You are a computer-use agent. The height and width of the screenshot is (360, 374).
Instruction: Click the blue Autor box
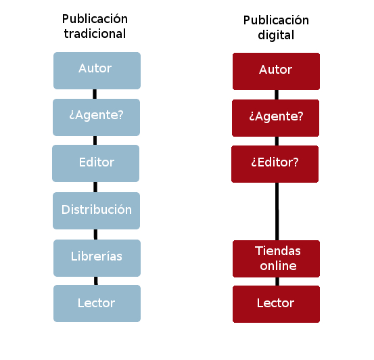point(97,70)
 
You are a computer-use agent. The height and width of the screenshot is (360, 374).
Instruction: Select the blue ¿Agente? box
point(96,117)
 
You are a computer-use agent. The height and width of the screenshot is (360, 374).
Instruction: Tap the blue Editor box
point(95,163)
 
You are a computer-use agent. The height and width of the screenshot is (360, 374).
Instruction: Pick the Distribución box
point(96,210)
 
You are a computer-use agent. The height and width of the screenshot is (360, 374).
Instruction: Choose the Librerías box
point(97,258)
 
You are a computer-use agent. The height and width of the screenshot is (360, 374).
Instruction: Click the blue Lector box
point(97,303)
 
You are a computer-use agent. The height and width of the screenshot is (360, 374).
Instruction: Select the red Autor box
point(276,71)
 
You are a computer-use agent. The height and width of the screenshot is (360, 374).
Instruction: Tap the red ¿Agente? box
point(275,118)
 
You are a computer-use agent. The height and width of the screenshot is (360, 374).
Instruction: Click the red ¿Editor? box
point(275,164)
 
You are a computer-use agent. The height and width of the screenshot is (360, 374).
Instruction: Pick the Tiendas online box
point(276,258)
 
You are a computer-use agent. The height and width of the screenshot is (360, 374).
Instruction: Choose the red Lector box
point(276,304)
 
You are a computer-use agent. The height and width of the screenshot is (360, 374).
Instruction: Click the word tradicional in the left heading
point(95,33)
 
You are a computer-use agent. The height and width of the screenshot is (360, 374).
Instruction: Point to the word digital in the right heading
point(276,35)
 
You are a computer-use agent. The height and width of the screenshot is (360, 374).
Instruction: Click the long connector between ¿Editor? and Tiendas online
point(277,212)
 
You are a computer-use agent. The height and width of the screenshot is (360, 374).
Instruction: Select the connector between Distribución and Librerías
point(95,234)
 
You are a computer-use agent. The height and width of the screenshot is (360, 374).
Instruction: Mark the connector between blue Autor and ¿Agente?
point(95,94)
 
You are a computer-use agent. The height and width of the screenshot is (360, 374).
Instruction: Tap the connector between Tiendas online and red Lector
point(277,282)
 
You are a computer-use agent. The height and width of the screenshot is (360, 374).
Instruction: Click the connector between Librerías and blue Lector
point(96,281)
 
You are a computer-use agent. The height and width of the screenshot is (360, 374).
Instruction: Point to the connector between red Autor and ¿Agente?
point(277,95)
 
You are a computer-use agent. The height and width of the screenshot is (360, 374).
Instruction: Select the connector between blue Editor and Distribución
point(95,187)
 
